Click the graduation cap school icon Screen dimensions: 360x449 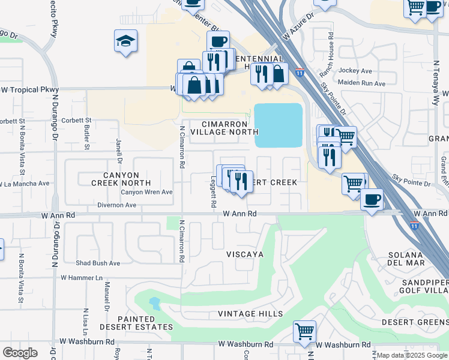(x=125, y=41)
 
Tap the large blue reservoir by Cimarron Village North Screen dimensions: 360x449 (x=279, y=125)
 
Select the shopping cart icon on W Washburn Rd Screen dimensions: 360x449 (x=304, y=330)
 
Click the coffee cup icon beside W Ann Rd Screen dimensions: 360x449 (x=372, y=199)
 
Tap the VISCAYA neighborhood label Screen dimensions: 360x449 (x=244, y=254)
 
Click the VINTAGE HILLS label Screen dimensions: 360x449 (x=250, y=314)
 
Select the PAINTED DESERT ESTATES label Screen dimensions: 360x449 (x=145, y=323)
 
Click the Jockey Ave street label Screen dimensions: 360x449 (x=356, y=70)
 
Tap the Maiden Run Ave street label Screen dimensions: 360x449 (x=361, y=83)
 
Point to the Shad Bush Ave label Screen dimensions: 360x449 (x=98, y=263)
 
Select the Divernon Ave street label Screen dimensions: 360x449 (x=116, y=205)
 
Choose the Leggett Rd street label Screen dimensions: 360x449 (x=213, y=196)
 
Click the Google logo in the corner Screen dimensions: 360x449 (x=20, y=353)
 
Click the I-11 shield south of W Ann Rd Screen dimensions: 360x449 (x=414, y=226)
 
